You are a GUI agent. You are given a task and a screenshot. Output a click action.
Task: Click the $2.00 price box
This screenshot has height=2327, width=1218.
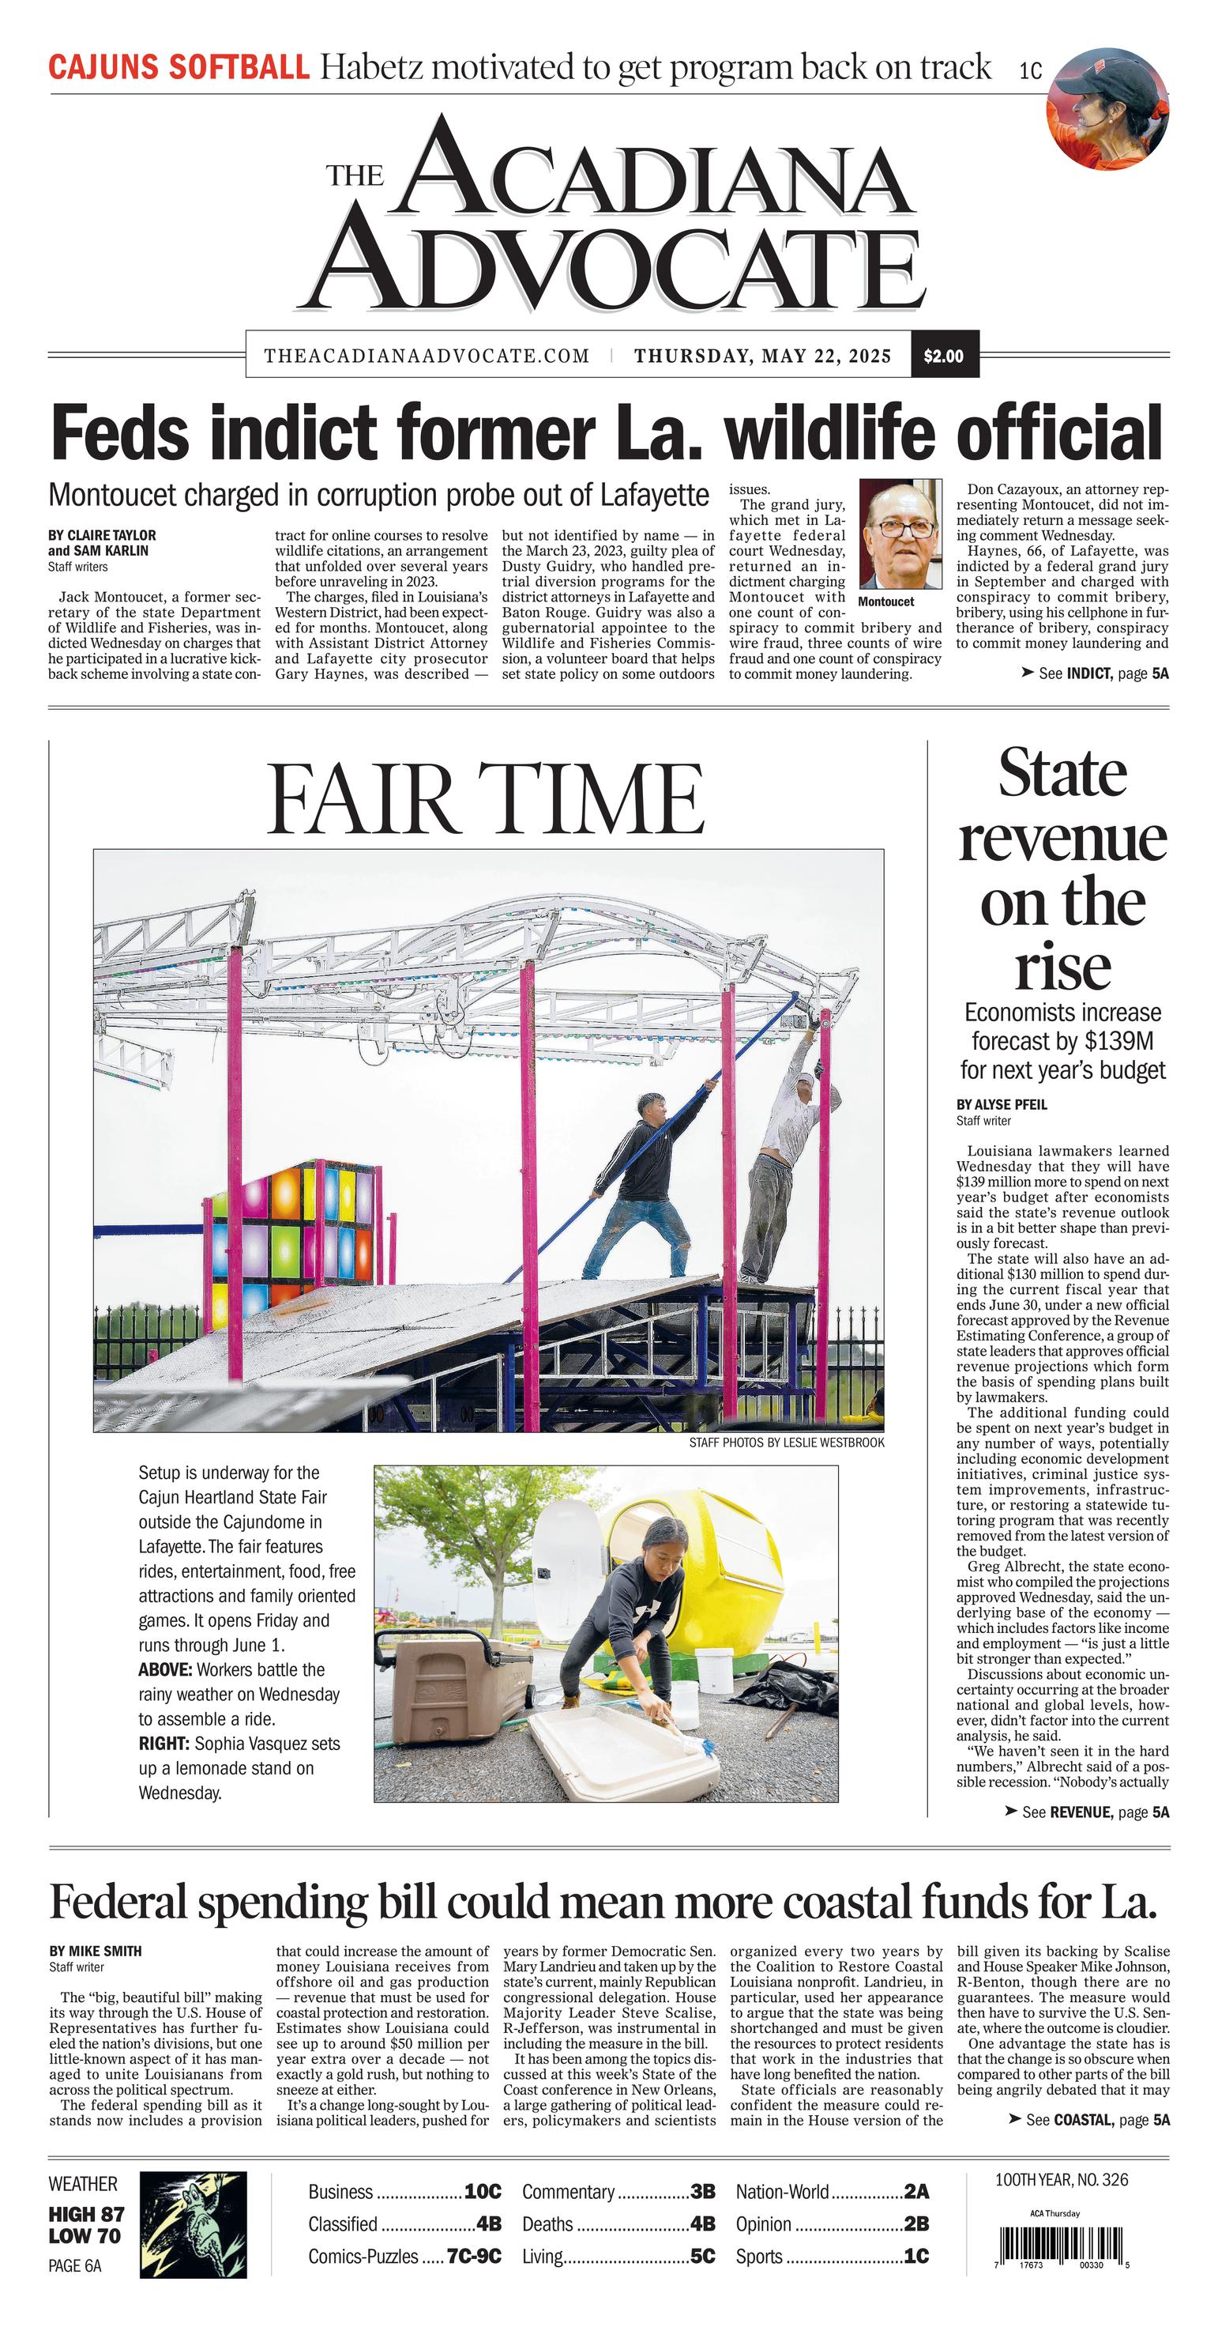(x=944, y=356)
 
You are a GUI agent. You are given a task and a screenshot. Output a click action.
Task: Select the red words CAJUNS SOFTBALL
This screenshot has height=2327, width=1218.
(x=178, y=68)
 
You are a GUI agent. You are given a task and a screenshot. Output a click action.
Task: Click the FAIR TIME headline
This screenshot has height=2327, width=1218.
(x=486, y=799)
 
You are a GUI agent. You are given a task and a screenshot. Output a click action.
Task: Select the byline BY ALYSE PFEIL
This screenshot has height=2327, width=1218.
(x=1002, y=1104)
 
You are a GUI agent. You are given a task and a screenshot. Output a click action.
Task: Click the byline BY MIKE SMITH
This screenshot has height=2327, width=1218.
(x=95, y=1952)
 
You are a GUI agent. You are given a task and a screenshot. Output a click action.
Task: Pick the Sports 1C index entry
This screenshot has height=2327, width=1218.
(x=832, y=2256)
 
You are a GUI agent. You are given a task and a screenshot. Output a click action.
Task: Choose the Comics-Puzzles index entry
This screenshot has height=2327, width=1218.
(x=404, y=2256)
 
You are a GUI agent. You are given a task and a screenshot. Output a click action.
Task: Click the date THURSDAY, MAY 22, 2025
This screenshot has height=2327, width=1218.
(x=762, y=356)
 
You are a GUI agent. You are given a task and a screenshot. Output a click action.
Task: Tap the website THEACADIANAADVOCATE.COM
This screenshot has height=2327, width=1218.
(x=427, y=356)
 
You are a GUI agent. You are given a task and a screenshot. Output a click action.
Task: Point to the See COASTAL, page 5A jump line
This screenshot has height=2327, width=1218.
(x=1088, y=2119)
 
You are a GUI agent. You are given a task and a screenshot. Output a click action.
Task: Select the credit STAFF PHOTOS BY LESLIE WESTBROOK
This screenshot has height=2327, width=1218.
(x=787, y=1443)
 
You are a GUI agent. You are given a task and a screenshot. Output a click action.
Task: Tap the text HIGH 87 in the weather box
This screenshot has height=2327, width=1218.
(x=87, y=2214)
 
